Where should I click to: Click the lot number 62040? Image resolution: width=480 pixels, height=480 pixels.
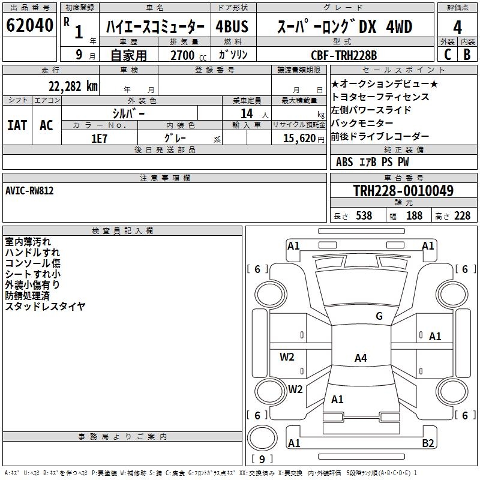29,26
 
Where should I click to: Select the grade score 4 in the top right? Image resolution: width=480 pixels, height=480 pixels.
458,28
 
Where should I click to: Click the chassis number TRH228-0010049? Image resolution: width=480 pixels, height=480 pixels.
403,191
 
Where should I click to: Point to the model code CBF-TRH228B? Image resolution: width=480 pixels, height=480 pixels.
344,55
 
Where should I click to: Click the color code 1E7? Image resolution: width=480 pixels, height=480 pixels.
99,138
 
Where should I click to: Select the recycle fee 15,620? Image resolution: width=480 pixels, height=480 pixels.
299,138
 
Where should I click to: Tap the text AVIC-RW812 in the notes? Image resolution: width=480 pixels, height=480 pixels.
29,190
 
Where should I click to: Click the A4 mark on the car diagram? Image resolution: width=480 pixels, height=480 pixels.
361,358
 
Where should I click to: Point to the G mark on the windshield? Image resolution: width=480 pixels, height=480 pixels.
379,316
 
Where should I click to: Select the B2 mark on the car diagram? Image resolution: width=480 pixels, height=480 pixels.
428,443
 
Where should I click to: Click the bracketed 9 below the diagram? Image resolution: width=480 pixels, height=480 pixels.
262,460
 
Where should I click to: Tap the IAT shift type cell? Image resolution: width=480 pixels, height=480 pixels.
17,125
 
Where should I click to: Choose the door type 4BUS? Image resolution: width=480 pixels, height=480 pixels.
232,28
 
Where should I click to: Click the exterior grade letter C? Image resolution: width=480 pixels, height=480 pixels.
447,54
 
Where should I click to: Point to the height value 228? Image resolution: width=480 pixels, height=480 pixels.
462,215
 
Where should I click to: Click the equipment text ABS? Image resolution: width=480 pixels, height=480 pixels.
344,162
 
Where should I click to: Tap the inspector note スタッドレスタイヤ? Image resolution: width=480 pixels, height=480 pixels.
45,307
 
